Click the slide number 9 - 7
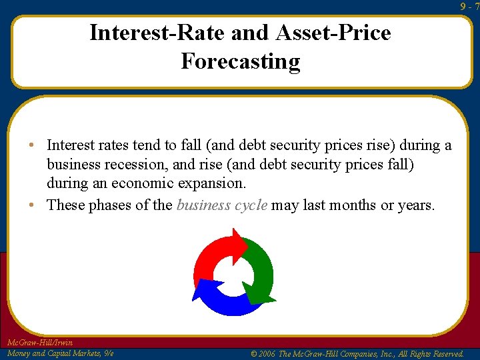coord(469,6)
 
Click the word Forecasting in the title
coord(240,61)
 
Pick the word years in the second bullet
coord(415,205)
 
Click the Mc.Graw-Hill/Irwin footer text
coord(39,343)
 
